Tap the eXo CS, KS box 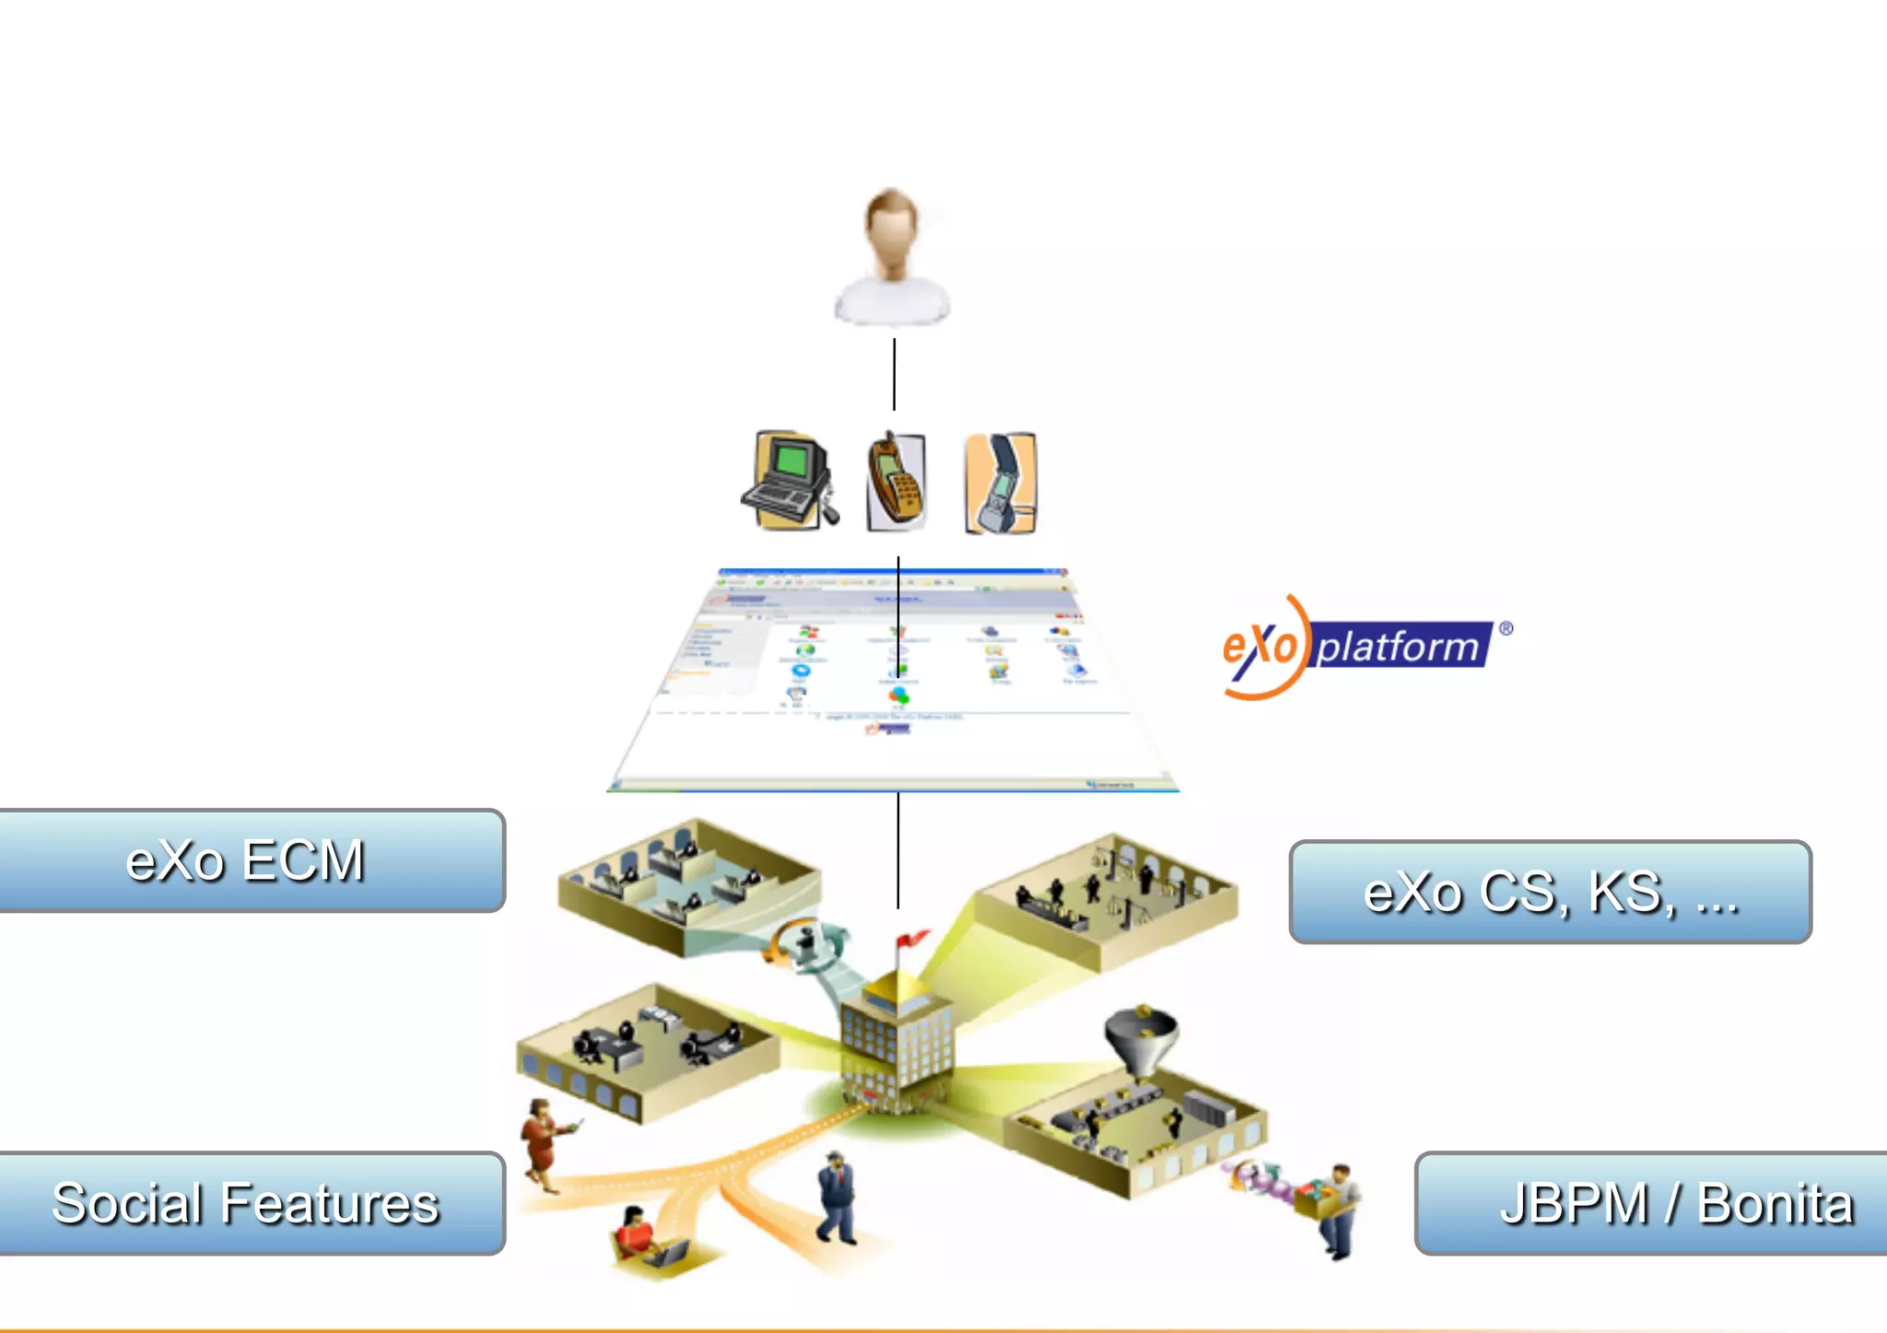tap(1550, 892)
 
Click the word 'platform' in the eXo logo tap(1399, 646)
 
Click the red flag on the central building tap(911, 939)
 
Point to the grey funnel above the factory tap(1141, 1037)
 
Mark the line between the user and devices tap(894, 374)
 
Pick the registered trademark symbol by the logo tap(1506, 628)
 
